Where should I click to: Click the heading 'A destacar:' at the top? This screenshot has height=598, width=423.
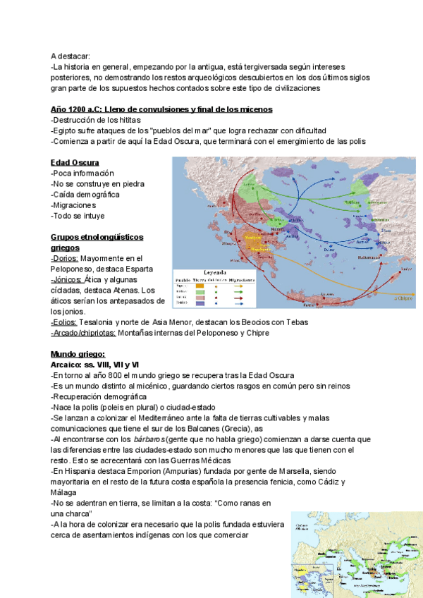(70, 56)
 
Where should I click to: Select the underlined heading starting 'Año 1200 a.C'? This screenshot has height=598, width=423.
(161, 109)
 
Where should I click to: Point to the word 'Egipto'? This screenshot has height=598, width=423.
(66, 130)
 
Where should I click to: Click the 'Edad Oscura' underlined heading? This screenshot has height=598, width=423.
(75, 163)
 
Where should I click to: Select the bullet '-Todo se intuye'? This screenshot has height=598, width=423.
(78, 216)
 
